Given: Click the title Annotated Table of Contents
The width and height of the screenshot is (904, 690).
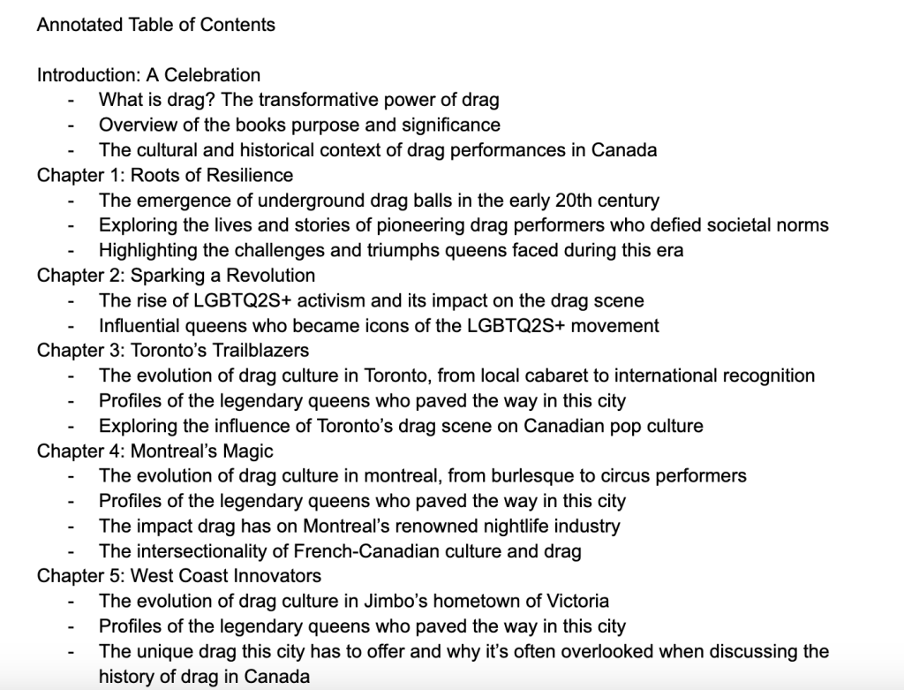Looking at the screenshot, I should click(x=155, y=25).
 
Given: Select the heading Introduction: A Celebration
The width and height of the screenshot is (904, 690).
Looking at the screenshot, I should click(x=148, y=75).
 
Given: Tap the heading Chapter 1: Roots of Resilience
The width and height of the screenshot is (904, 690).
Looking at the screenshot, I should click(x=164, y=175).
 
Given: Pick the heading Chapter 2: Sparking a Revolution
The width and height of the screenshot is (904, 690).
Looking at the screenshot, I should click(x=176, y=276).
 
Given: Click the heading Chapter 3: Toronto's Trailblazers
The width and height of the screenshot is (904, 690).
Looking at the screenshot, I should click(x=173, y=351).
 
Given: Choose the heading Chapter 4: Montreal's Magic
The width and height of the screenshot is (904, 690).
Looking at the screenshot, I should click(x=154, y=451).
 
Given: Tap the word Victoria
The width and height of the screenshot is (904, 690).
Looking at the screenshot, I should click(x=574, y=602).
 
